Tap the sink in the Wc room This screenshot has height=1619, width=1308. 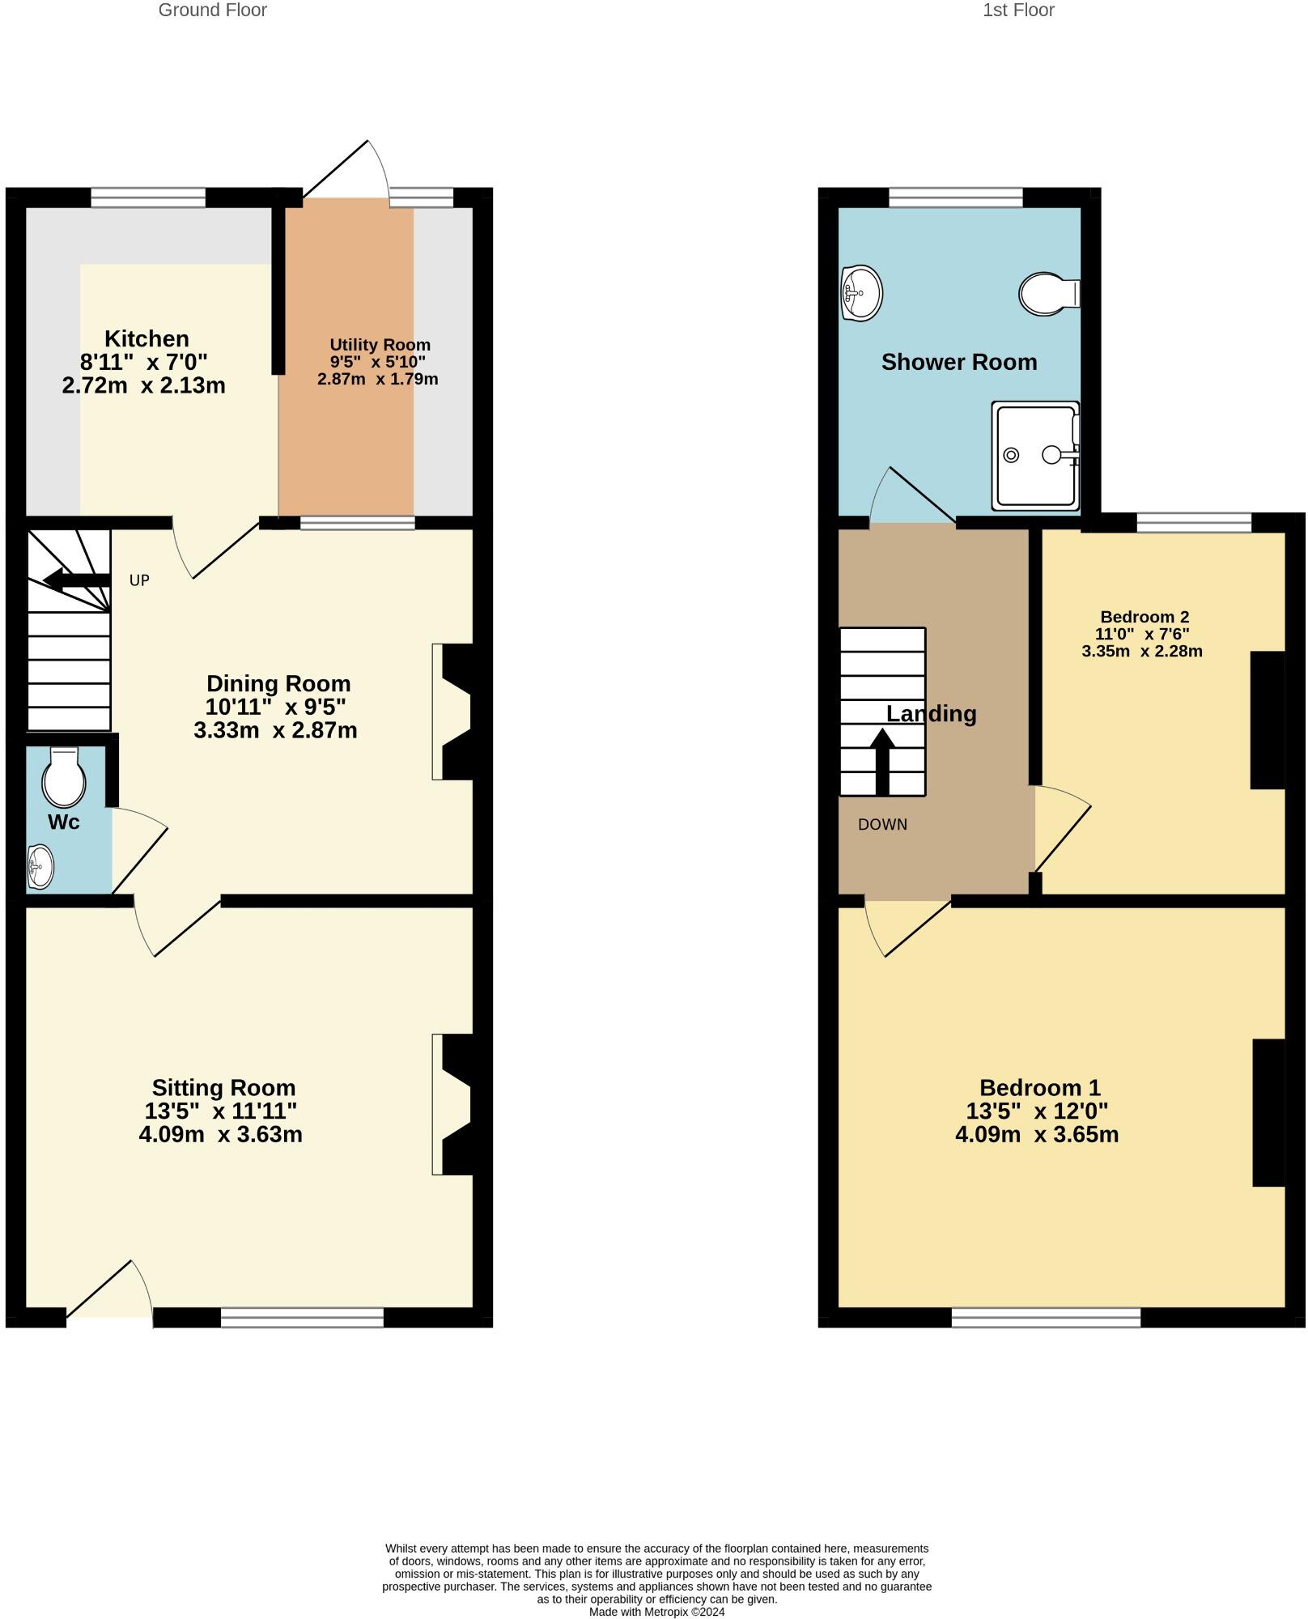(x=40, y=866)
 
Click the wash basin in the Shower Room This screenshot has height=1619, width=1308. (x=862, y=293)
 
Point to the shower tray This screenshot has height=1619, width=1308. (x=1036, y=455)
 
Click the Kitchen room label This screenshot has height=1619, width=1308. (x=147, y=338)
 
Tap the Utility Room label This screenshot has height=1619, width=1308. (x=380, y=345)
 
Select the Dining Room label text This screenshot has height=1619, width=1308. (x=278, y=683)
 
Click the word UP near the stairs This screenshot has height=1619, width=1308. (x=139, y=580)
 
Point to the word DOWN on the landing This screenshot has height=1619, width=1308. (x=882, y=824)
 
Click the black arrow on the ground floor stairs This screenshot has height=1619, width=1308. (x=76, y=580)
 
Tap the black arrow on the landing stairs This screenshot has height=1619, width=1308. (x=882, y=761)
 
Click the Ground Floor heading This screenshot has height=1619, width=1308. (x=212, y=11)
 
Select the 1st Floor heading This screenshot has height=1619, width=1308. (x=1018, y=11)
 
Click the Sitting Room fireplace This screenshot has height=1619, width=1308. (x=453, y=1104)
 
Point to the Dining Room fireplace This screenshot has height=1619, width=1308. (x=453, y=712)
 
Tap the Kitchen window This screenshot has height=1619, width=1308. (x=148, y=198)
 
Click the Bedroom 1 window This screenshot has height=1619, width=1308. (x=1046, y=1317)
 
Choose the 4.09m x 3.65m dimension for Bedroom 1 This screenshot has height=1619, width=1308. (x=1037, y=1134)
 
